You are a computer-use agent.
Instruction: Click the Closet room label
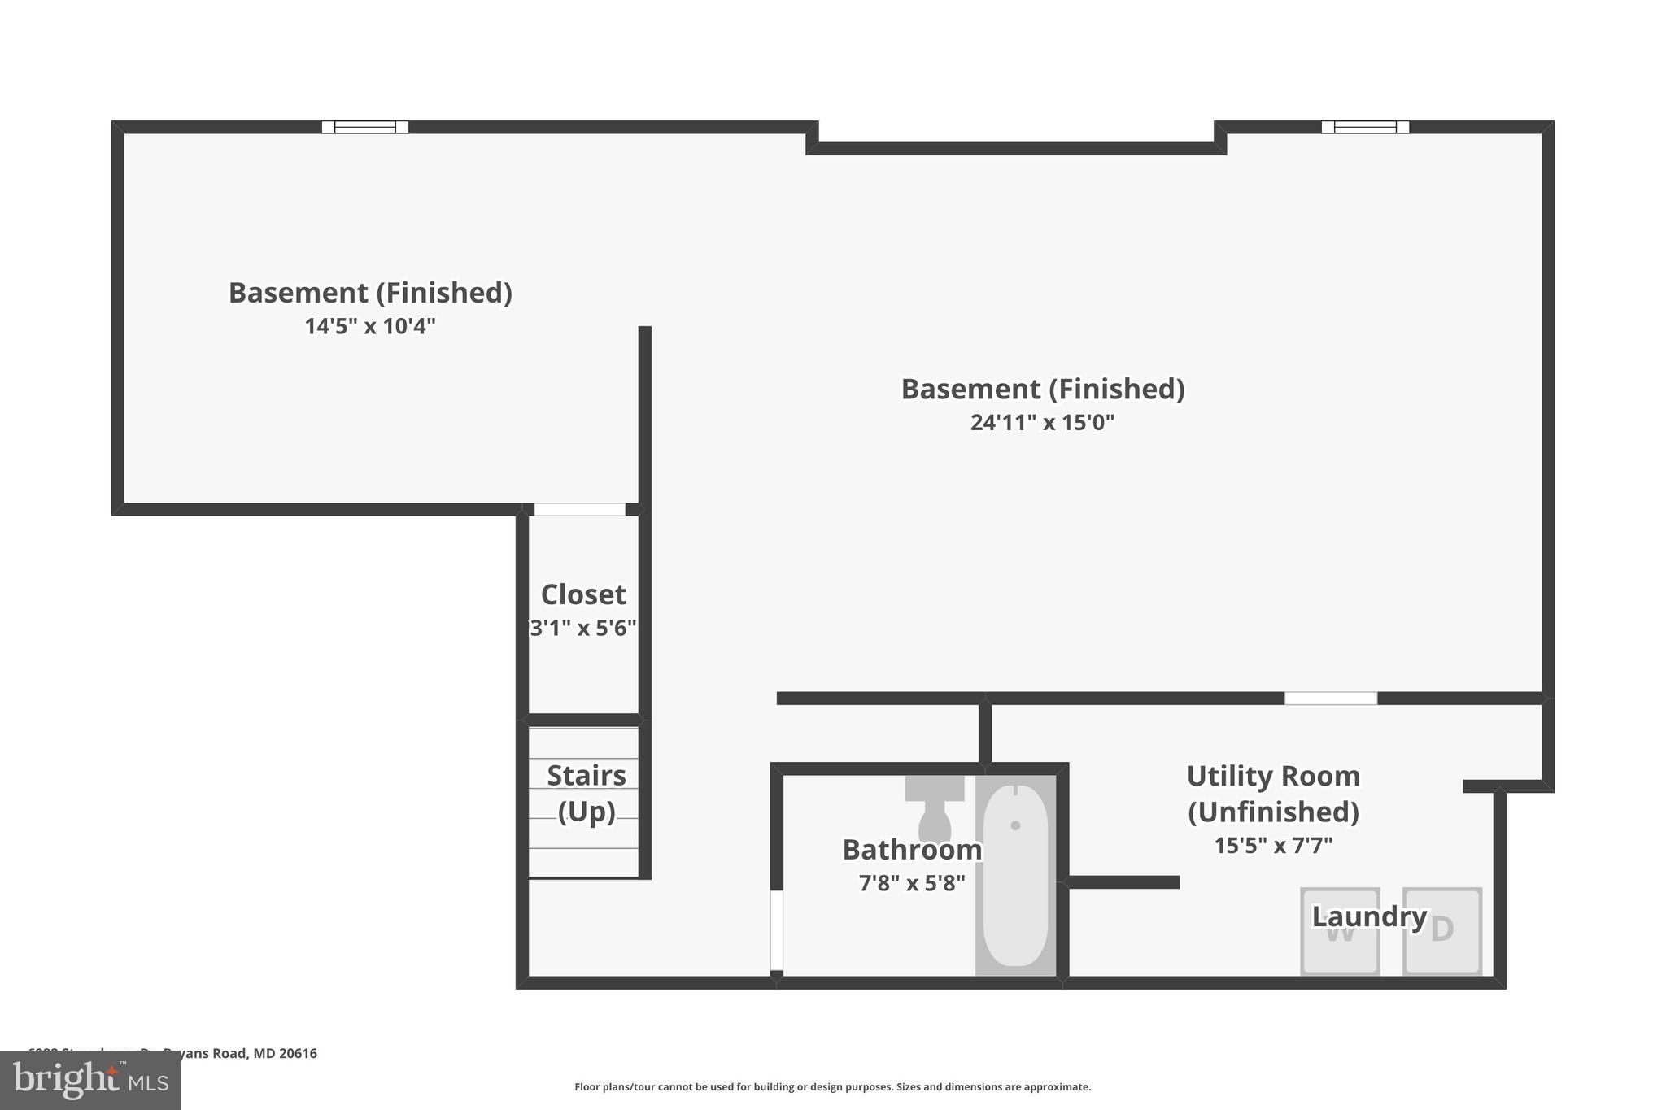point(583,594)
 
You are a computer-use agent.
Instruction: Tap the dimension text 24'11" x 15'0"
point(1042,423)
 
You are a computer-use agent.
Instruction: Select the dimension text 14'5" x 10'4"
point(370,326)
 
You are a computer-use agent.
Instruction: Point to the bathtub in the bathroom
point(1015,874)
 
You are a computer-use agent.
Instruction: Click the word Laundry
point(1369,916)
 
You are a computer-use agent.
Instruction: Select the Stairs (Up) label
point(586,793)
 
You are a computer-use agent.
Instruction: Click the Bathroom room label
point(912,850)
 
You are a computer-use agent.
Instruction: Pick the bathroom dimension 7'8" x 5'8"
point(912,883)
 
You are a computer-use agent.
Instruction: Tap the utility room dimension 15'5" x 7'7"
point(1273,846)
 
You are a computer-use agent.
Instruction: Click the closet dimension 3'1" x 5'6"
point(583,629)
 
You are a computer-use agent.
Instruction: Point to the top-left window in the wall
point(365,127)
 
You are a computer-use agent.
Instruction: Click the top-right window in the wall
point(1365,127)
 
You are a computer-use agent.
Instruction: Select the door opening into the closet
point(579,510)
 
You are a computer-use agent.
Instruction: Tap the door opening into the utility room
point(1331,699)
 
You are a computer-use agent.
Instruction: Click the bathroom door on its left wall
point(777,930)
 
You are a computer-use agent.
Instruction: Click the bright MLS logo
point(90,1080)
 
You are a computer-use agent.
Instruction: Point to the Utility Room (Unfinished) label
point(1273,793)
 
